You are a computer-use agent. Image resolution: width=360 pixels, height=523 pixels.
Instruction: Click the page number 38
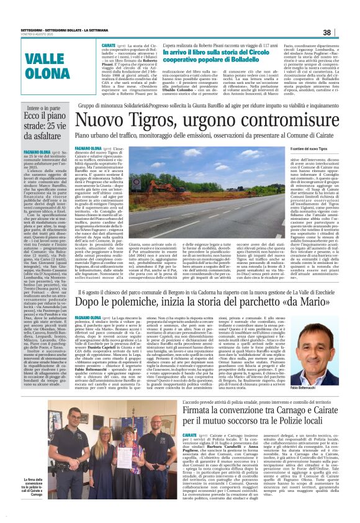[x=344, y=32]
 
